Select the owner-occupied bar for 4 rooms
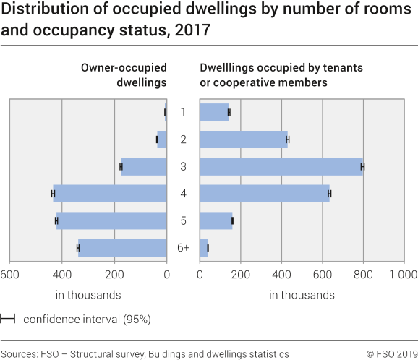coord(110,194)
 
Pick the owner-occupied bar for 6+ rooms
coord(122,248)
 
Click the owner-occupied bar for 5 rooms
coord(111,221)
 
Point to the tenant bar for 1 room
coord(214,112)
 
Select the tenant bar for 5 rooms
coord(216,221)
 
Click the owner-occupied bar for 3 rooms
coord(144,167)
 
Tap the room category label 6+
coord(183,248)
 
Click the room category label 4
coord(184,194)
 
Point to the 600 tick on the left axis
coord(9,274)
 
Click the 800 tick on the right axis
coord(363,274)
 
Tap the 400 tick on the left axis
coord(62,274)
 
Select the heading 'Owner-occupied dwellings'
coord(124,74)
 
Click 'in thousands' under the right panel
coord(302,295)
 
